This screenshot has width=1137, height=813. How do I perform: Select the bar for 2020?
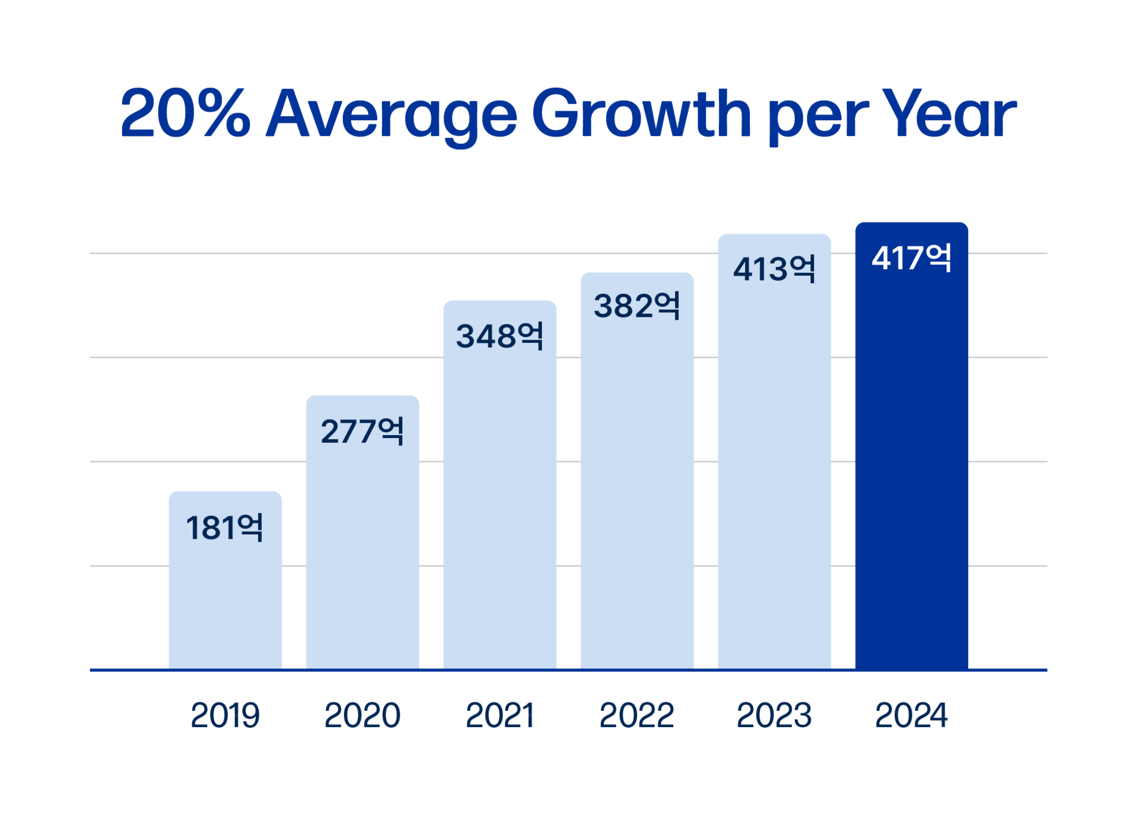click(362, 551)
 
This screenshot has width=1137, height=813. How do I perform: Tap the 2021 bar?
click(499, 503)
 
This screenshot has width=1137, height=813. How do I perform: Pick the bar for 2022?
click(637, 486)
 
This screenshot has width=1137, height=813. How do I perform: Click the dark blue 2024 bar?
click(911, 462)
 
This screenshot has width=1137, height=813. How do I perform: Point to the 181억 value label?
click(224, 527)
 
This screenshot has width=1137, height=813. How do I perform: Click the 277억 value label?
click(362, 430)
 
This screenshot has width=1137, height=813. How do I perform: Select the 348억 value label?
click(499, 336)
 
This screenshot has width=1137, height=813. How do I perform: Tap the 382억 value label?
click(637, 306)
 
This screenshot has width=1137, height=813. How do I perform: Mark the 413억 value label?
click(774, 269)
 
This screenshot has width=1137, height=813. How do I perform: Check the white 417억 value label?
click(911, 258)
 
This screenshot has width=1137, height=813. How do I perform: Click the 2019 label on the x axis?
click(225, 715)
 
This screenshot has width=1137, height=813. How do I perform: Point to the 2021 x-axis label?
click(499, 715)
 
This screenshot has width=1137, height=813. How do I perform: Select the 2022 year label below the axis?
click(637, 715)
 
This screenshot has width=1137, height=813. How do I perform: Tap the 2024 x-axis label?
click(911, 715)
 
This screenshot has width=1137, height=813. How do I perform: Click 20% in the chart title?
click(185, 114)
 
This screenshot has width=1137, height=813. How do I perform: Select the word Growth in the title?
click(641, 114)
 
